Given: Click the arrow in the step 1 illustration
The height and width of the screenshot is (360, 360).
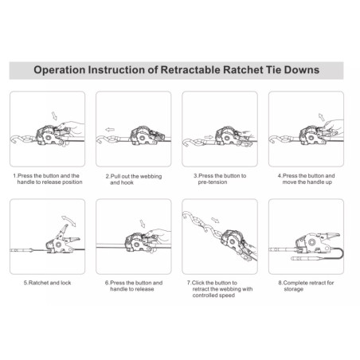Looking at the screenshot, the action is pyautogui.click(x=54, y=115).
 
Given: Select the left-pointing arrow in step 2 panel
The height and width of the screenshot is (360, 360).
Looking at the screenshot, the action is pyautogui.click(x=110, y=130).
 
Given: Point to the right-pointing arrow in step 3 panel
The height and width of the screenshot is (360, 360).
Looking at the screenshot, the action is pyautogui.click(x=209, y=137).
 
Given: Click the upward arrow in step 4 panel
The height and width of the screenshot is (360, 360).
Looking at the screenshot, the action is pyautogui.click(x=321, y=117).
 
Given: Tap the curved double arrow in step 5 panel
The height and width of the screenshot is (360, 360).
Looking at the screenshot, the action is pyautogui.click(x=69, y=221).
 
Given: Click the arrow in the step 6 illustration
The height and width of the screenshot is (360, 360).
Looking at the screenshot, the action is pyautogui.click(x=143, y=224).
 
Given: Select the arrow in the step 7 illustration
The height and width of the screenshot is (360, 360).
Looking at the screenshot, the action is pyautogui.click(x=215, y=220).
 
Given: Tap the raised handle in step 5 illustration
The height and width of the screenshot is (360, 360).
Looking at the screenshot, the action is pyautogui.click(x=63, y=230).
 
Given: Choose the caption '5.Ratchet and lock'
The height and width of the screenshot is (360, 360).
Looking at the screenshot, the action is pyautogui.click(x=48, y=283).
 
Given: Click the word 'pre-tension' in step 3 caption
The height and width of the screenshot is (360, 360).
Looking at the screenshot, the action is pyautogui.click(x=213, y=182).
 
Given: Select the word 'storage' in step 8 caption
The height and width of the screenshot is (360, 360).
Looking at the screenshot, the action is pyautogui.click(x=294, y=289).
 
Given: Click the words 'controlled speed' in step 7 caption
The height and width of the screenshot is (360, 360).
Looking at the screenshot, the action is pyautogui.click(x=213, y=295).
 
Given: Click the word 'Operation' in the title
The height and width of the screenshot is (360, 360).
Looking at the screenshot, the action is pyautogui.click(x=60, y=70).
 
